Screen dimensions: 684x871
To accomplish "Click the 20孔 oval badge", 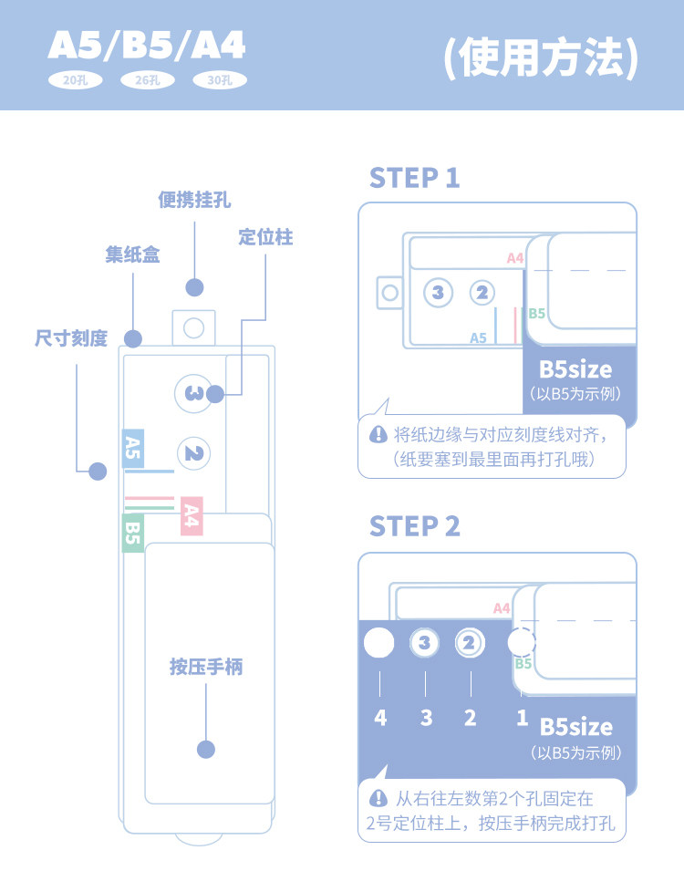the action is (x=76, y=80).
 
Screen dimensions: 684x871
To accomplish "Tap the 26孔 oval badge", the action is (x=148, y=80).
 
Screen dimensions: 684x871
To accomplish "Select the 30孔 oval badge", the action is (x=220, y=80).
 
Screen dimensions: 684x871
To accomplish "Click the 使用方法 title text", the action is (x=541, y=57).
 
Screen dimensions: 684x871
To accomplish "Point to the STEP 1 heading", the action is (x=415, y=178).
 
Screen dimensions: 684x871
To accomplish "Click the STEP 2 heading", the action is (x=415, y=526).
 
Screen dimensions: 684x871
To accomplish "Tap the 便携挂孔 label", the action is (x=194, y=200).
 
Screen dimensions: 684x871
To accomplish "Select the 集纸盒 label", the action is (x=133, y=254).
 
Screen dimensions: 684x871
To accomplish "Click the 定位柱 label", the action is (x=265, y=237).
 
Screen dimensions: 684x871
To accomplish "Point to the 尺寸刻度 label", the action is (x=71, y=337).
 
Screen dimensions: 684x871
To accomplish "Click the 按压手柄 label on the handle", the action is (x=206, y=667).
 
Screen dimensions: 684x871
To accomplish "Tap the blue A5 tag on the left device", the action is (x=133, y=449).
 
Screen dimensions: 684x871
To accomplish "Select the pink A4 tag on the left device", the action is (x=192, y=516).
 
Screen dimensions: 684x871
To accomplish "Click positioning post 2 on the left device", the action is (x=194, y=454).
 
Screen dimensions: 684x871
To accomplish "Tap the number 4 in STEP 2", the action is (x=380, y=717).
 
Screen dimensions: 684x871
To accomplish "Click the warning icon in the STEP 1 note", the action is (x=378, y=434).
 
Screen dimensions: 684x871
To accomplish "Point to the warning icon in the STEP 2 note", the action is (x=378, y=799).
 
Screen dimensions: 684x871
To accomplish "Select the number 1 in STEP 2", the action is (x=522, y=717).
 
